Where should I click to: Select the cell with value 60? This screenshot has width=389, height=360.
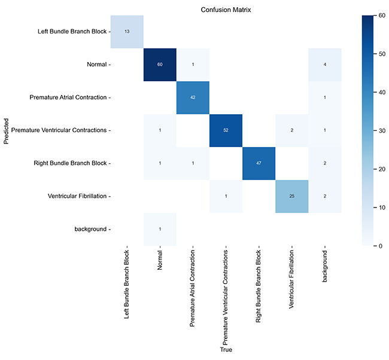[x=159, y=64]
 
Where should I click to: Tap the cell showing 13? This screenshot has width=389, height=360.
[x=126, y=31]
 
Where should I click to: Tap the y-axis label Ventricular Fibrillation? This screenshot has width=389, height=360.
[x=73, y=196]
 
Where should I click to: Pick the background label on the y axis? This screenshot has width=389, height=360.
[x=90, y=228]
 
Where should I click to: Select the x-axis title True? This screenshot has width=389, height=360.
[x=225, y=349]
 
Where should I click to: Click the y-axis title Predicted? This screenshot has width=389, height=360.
[x=5, y=130]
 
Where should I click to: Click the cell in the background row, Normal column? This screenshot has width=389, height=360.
[x=159, y=228]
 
